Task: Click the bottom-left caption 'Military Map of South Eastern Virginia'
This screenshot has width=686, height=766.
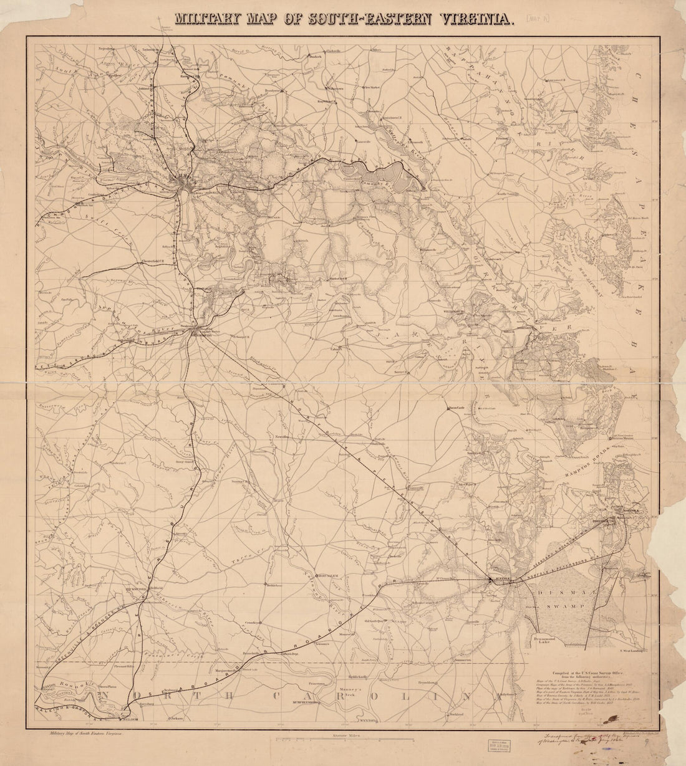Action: [x=82, y=735]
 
